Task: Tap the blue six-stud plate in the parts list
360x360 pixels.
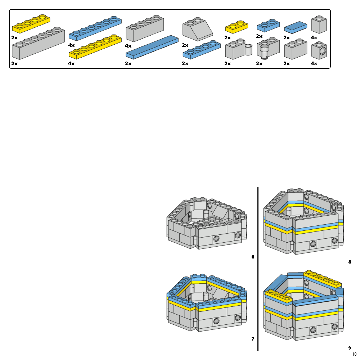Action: [95, 28]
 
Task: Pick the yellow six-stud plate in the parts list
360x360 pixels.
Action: [95, 47]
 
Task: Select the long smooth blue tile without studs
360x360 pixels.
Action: [152, 47]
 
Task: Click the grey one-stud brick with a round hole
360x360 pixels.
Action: [319, 50]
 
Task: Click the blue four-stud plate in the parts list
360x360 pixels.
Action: [201, 50]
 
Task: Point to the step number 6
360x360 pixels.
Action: [253, 257]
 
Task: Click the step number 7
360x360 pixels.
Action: [253, 339]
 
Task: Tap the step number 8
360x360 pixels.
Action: [349, 262]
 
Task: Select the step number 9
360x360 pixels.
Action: [349, 348]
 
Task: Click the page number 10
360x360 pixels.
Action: [354, 354]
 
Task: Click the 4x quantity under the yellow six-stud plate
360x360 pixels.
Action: [71, 63]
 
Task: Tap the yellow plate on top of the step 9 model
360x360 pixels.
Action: [322, 278]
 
